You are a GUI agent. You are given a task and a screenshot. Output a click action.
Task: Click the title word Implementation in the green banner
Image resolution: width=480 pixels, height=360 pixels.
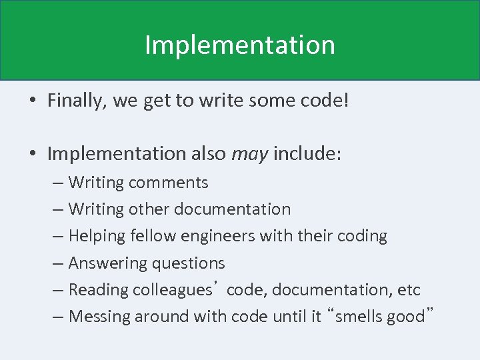[240, 45]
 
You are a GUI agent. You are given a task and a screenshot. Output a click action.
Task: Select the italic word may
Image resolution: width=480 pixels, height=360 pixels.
[249, 155]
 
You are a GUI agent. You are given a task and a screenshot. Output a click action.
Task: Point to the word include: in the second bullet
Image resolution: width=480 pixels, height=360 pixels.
[307, 155]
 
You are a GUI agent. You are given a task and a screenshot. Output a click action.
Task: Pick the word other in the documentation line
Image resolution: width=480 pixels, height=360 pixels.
[149, 209]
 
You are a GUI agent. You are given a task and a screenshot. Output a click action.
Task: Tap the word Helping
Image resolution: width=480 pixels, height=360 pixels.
[97, 236]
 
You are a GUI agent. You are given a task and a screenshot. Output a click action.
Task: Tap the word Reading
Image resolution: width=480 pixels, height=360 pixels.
[98, 290]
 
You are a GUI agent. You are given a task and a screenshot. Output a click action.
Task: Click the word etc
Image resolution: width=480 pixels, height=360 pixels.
[407, 290]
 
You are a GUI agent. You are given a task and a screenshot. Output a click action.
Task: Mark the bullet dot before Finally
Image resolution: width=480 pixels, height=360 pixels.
[32, 101]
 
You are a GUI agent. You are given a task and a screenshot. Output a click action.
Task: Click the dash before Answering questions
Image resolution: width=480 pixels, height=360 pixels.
[58, 263]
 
